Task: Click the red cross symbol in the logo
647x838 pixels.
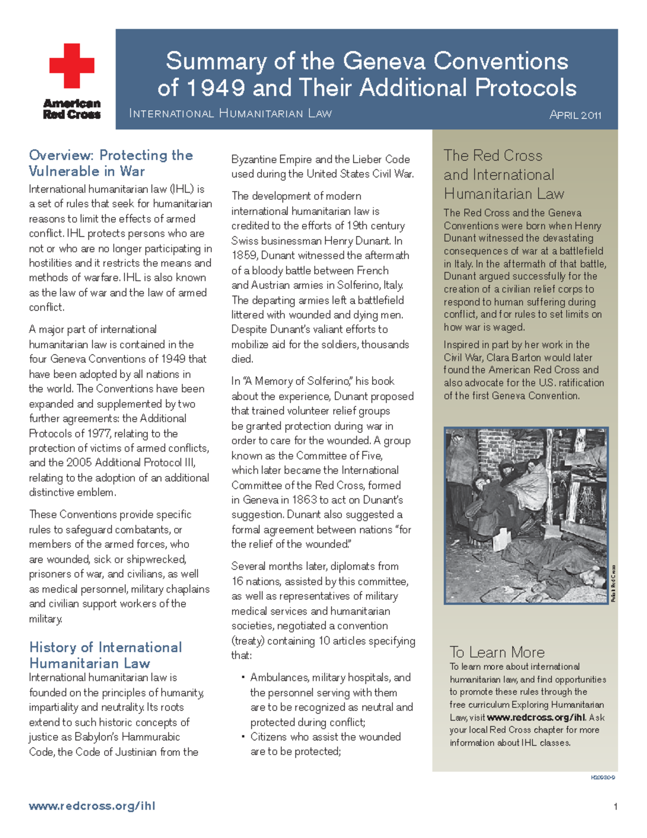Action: (x=72, y=66)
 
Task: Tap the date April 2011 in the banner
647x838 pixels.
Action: (x=575, y=115)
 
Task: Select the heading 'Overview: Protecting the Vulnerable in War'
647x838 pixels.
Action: (x=111, y=163)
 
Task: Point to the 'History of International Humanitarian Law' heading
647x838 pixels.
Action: (x=106, y=655)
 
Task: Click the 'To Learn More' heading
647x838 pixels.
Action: (x=497, y=652)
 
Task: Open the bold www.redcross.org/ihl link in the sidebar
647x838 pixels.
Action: (x=535, y=718)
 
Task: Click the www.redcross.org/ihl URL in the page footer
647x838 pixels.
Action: (x=92, y=806)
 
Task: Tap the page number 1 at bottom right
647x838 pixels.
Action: (x=615, y=807)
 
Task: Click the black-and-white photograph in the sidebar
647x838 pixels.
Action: (x=526, y=515)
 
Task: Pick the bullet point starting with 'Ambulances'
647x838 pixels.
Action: (x=330, y=678)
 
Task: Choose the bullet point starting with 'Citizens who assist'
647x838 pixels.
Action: (x=325, y=737)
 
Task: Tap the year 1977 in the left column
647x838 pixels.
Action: (x=97, y=434)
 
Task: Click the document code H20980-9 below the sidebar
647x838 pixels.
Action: (x=603, y=778)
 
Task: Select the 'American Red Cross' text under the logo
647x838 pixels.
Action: (x=72, y=108)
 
